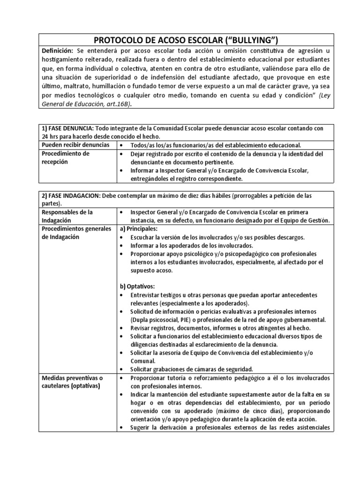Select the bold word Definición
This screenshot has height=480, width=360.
57,50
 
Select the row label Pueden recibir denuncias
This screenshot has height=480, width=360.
75,145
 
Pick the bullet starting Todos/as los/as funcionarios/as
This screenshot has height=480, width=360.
216,145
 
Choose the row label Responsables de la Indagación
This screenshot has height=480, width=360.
67,217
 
